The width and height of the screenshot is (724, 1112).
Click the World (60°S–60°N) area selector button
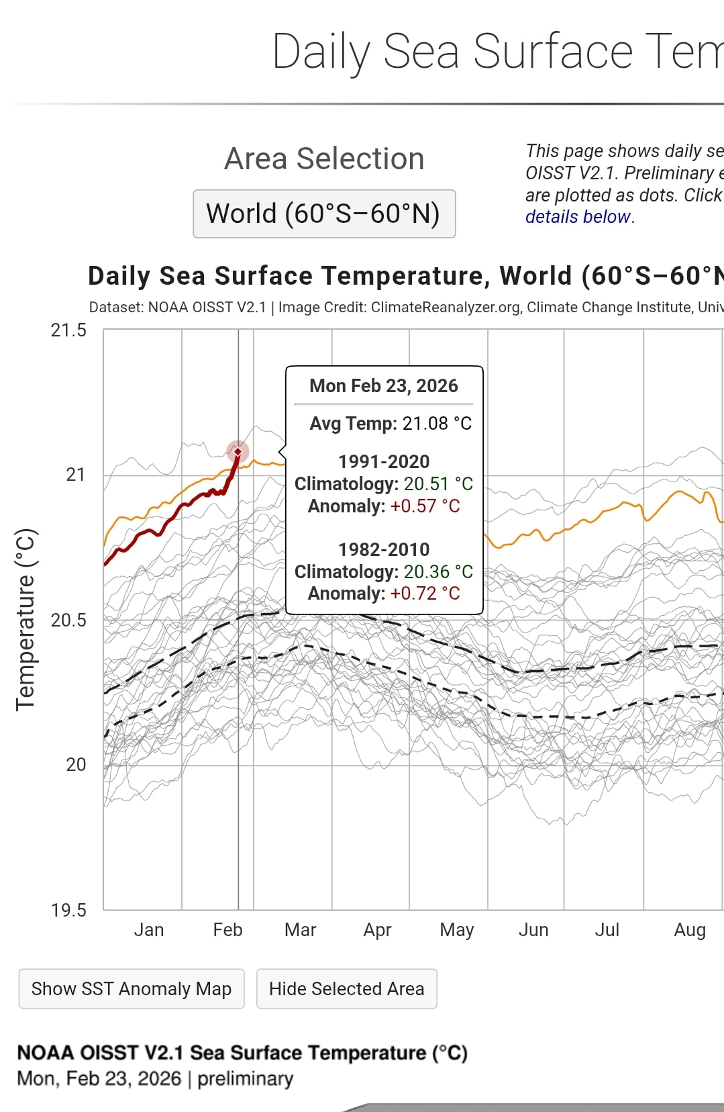(324, 214)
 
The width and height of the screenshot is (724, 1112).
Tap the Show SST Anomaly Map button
(132, 988)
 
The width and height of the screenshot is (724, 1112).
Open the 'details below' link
(578, 217)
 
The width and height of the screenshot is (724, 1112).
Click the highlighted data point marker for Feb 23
(238, 452)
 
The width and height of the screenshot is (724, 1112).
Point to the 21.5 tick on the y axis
(68, 330)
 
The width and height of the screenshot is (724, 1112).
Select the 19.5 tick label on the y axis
(68, 910)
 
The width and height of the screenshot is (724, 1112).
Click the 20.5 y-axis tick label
(68, 620)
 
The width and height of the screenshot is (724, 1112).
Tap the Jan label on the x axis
(148, 930)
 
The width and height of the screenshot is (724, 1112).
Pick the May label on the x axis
(456, 930)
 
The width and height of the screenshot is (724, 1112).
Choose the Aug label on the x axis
(689, 930)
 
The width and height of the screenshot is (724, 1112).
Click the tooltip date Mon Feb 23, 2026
(383, 386)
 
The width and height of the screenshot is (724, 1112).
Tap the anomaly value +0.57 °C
(425, 506)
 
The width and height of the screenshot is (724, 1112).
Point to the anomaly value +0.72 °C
(425, 594)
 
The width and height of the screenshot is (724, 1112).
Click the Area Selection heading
(324, 159)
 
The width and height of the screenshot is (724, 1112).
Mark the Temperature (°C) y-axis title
(25, 620)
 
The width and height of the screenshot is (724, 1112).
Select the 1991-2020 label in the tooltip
(384, 462)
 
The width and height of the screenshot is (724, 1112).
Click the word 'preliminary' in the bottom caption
(245, 1079)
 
